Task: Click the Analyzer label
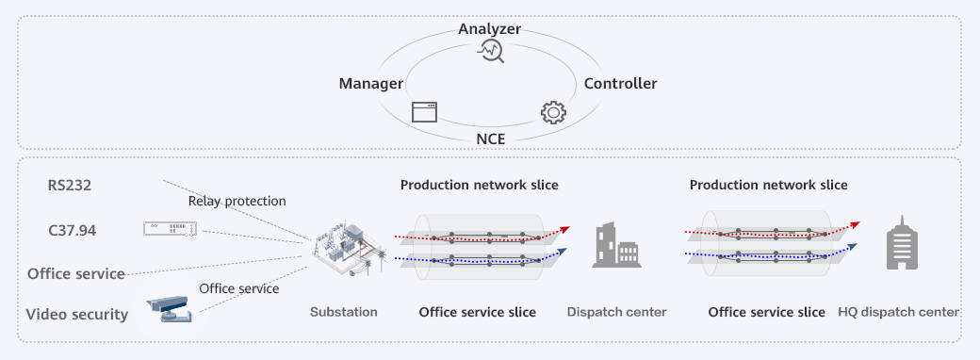tap(489, 29)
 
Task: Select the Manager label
tap(370, 84)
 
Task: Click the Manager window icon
tap(425, 112)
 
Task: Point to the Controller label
tap(620, 84)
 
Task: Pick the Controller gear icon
tap(553, 112)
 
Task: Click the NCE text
tap(490, 139)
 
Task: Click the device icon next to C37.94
tap(171, 229)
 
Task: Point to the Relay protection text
tap(237, 201)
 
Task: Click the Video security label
tap(76, 315)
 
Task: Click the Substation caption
tap(343, 312)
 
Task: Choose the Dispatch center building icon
tap(615, 245)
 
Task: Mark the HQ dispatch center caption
tap(898, 312)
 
